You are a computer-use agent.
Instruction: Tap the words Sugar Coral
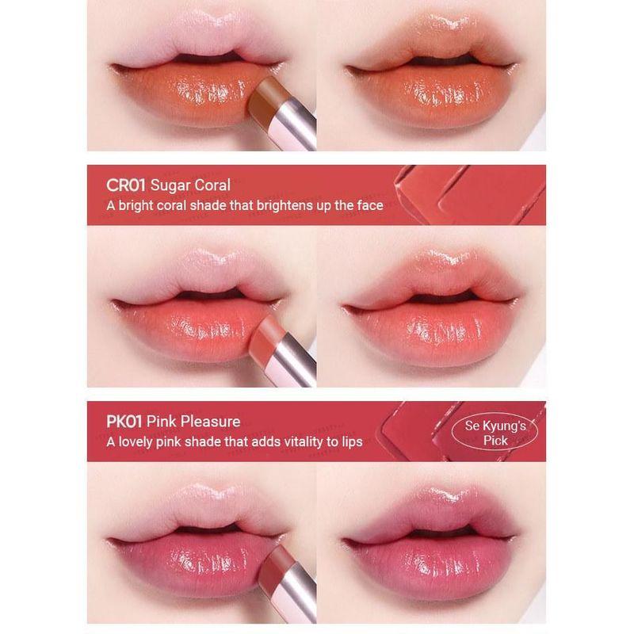click(x=193, y=185)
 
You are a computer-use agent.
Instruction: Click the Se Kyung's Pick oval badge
click(x=495, y=433)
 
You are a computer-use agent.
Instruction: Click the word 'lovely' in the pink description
click(x=140, y=441)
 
